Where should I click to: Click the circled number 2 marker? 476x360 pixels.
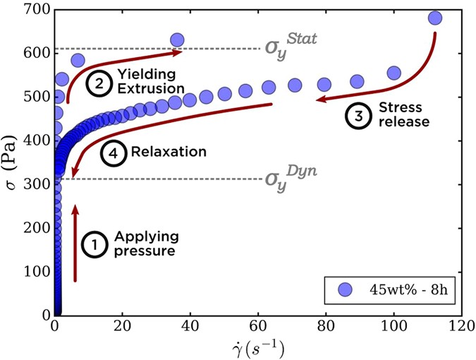(99, 82)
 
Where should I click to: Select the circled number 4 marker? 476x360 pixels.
(111, 151)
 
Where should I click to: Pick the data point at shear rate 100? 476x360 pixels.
(393, 73)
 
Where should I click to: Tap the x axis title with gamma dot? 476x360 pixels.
(260, 348)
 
